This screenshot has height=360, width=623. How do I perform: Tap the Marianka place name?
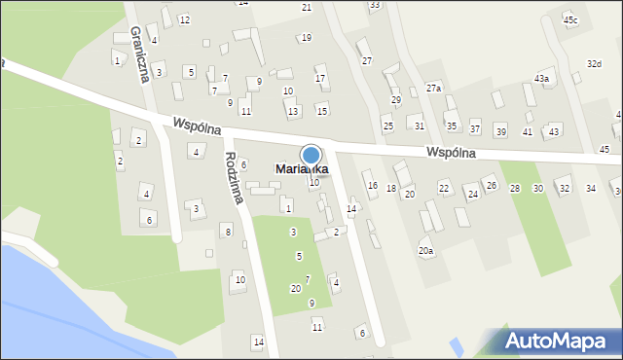301,169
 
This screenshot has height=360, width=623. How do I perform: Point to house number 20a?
425,250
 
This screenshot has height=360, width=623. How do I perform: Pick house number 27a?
433,89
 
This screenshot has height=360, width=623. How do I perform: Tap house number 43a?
541,78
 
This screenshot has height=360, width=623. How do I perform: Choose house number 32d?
594,63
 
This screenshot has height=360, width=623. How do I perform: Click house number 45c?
569,19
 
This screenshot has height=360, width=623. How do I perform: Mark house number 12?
184,20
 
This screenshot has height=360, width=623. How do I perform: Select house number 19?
306,38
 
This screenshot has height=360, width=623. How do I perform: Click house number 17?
320,78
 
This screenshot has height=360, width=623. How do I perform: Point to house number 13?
293,112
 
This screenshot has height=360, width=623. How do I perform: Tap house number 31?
420,126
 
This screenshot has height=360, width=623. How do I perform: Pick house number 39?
500,131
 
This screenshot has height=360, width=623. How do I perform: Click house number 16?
372,185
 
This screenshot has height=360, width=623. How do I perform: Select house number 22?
444,188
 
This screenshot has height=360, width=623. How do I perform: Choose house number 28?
514,189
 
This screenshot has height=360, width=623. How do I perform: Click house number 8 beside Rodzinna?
227,231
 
